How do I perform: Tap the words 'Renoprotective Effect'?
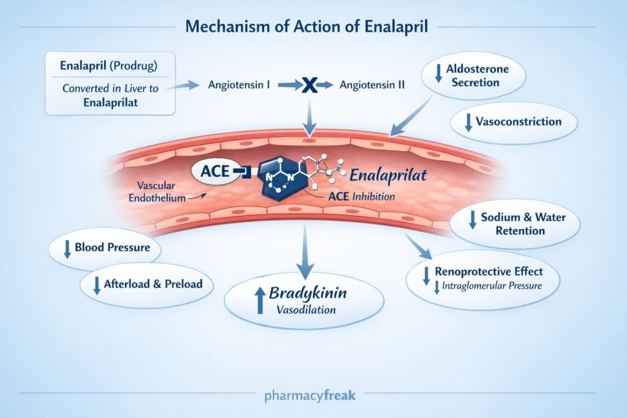click(x=488, y=271)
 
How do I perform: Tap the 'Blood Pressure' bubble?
click(x=104, y=248)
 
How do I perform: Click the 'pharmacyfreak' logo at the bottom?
click(x=309, y=395)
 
